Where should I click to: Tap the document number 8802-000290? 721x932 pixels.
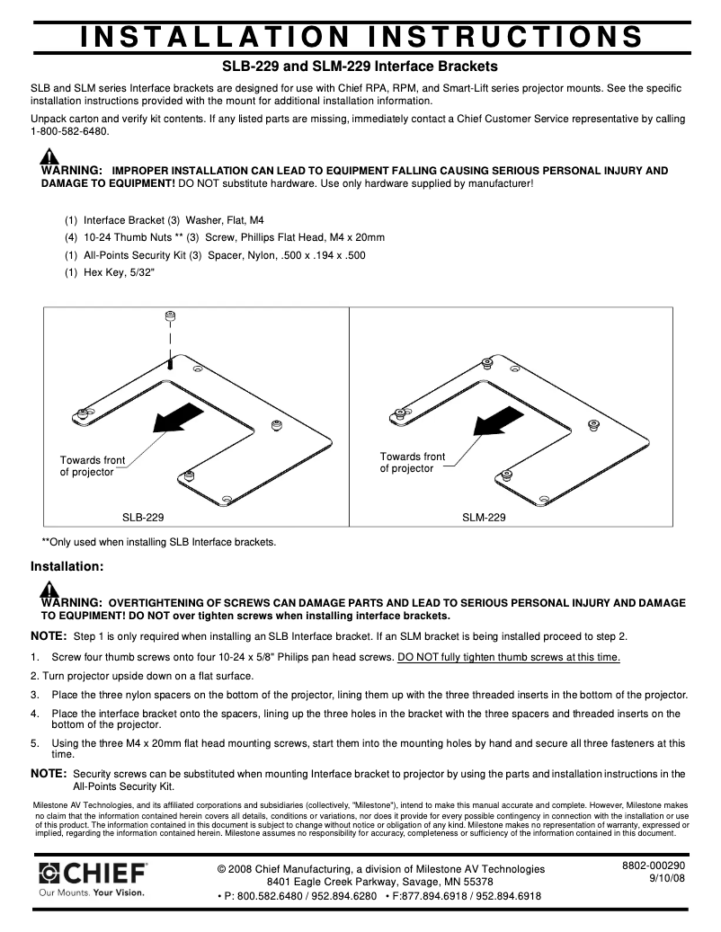click(x=654, y=865)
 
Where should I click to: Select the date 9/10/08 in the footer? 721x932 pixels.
click(x=666, y=879)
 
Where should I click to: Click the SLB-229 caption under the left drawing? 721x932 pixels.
click(x=143, y=518)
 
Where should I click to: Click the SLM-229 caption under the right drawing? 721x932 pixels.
click(x=484, y=518)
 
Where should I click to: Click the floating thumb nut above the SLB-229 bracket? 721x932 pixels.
click(x=170, y=316)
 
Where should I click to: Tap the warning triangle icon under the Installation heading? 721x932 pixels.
click(x=50, y=590)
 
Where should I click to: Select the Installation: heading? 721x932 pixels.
click(x=67, y=567)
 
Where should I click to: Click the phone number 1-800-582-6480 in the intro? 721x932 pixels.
click(x=69, y=131)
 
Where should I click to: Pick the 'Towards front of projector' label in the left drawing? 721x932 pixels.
click(x=92, y=466)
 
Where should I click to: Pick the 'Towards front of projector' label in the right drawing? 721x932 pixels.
click(x=412, y=463)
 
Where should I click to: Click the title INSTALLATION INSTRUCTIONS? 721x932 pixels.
click(x=360, y=36)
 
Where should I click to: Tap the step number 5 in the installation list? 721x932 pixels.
click(x=35, y=743)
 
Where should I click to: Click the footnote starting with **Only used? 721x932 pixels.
click(x=159, y=542)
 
